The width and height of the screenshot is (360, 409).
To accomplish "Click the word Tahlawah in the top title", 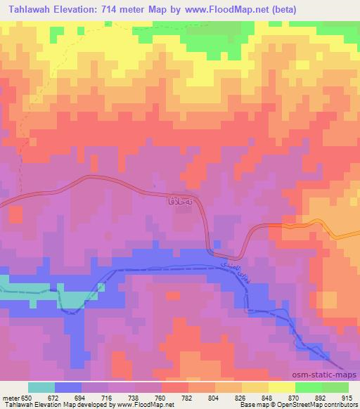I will (x=30, y=10).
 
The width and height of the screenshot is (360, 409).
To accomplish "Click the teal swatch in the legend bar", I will (x=41, y=387).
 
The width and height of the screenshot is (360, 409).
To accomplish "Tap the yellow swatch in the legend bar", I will (x=281, y=387).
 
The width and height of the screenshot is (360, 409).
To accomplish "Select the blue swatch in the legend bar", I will (x=67, y=387).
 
